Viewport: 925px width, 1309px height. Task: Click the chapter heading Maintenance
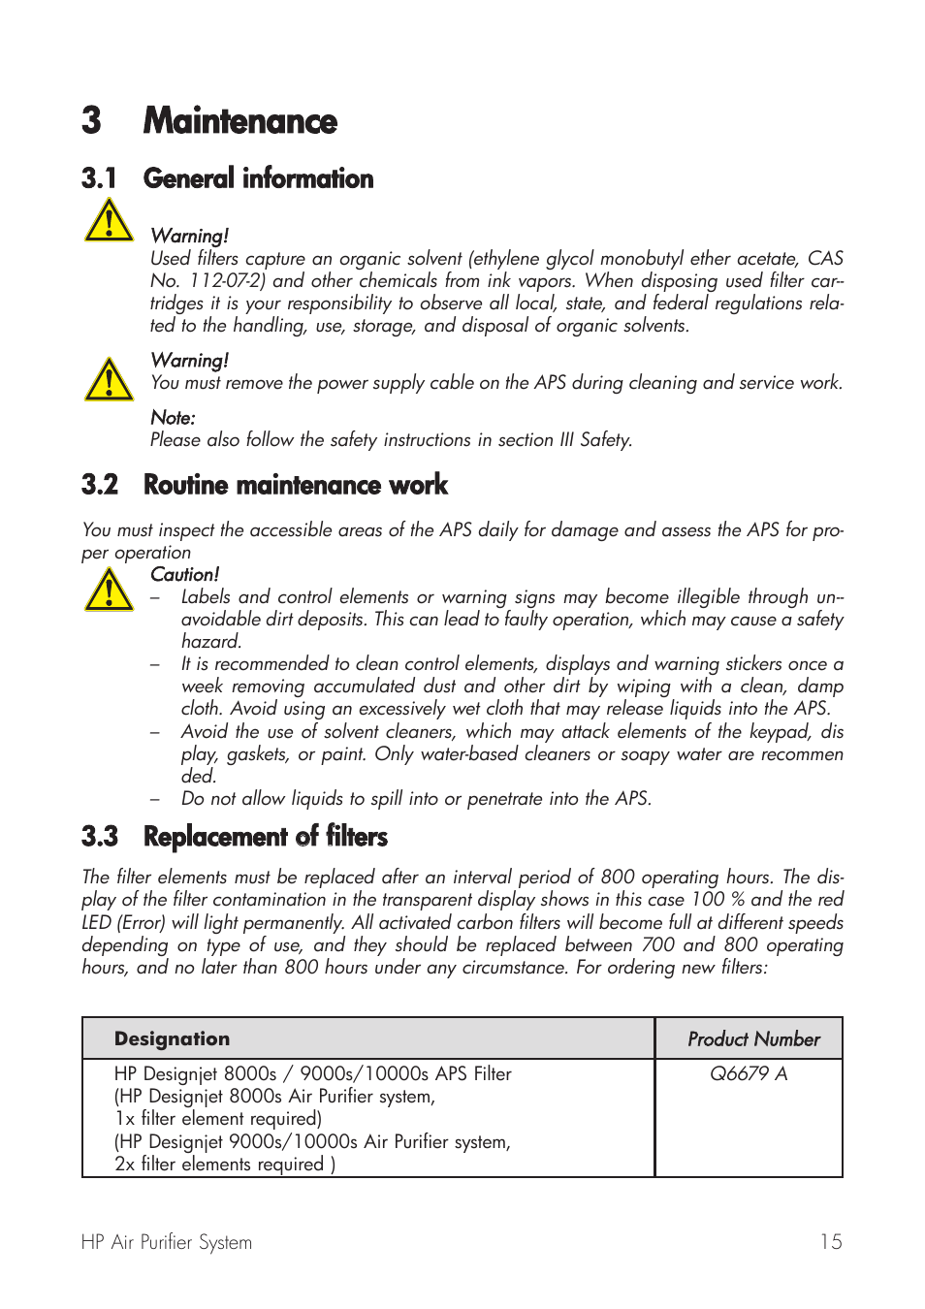(239, 121)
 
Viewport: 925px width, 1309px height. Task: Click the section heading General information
(258, 178)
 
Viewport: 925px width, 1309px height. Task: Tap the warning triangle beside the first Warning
(109, 221)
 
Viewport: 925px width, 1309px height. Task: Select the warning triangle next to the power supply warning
(109, 379)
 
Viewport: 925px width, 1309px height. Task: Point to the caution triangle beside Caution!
(109, 590)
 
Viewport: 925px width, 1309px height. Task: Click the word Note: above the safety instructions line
(173, 418)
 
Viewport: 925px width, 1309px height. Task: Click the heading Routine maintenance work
(295, 485)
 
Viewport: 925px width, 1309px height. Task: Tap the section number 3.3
(100, 837)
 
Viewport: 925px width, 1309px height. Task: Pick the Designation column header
(172, 1038)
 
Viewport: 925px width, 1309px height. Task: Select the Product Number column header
(753, 1039)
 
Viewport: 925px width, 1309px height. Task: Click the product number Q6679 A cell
(749, 1073)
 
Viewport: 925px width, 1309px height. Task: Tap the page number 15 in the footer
(831, 1242)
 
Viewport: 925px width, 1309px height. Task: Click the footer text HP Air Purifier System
(167, 1242)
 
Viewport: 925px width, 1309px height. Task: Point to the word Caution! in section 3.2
(184, 574)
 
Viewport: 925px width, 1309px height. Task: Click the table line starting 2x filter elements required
(225, 1164)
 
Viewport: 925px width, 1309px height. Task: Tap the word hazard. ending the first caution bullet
(210, 642)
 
